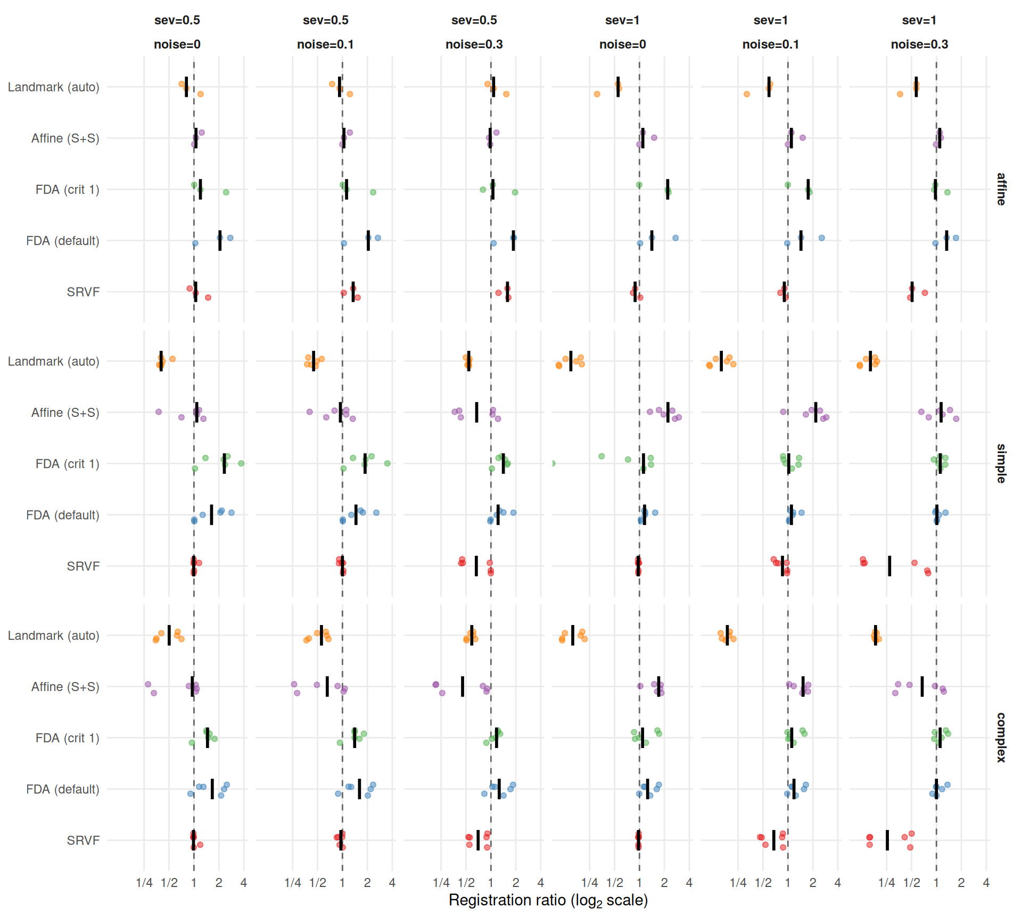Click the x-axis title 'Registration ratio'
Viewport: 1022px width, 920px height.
pos(548,900)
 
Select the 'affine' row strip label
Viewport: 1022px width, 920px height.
pos(1001,189)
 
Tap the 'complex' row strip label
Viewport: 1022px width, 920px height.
pos(1001,737)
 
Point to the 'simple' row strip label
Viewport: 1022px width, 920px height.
pos(1001,463)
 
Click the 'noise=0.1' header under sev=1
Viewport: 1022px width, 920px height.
pos(770,44)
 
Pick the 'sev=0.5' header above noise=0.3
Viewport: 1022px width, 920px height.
pos(474,20)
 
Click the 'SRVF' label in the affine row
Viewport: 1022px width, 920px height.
pos(83,292)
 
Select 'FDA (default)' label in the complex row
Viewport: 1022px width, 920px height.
pos(63,789)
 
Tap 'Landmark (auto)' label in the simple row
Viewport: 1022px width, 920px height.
pos(53,362)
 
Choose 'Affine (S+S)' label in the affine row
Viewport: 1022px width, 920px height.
pos(65,138)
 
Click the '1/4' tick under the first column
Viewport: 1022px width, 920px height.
pos(144,883)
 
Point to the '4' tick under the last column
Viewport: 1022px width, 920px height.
pos(986,883)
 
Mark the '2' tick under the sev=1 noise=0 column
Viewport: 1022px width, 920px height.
pos(664,883)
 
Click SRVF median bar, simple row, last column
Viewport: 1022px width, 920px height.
pos(889,565)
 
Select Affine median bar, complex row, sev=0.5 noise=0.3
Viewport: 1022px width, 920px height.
pos(463,686)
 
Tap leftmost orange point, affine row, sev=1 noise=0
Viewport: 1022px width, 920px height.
pos(597,94)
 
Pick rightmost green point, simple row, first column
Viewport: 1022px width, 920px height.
pos(241,464)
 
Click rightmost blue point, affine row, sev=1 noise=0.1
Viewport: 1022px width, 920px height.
pos(822,238)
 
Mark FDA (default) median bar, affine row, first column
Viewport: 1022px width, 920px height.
pos(220,241)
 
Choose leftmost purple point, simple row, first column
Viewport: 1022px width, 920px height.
pos(159,412)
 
